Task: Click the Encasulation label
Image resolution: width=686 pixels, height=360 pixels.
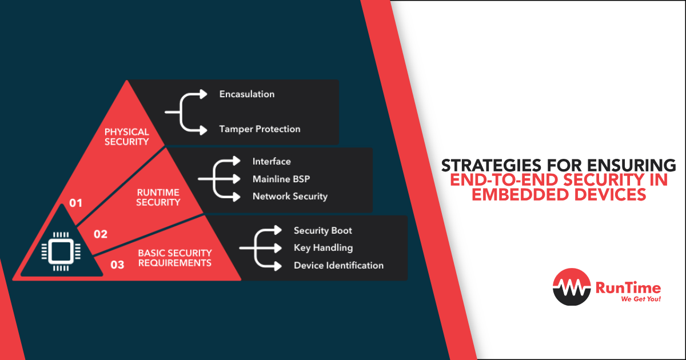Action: (x=247, y=94)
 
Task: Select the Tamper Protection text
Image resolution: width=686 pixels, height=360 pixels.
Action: (x=260, y=129)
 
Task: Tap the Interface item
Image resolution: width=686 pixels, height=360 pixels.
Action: (x=272, y=161)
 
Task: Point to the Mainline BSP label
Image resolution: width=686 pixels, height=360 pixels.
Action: (x=281, y=179)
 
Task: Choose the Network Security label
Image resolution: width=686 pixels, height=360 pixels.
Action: (x=290, y=196)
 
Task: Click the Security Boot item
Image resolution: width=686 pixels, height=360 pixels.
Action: (x=323, y=230)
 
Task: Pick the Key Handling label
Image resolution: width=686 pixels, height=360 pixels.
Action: (x=323, y=247)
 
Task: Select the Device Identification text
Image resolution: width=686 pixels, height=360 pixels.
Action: (x=338, y=265)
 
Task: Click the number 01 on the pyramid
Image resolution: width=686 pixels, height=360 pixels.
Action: (x=75, y=203)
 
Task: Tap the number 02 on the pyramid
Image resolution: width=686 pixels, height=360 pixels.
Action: (x=101, y=234)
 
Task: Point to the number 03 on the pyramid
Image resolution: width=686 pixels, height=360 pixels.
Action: (x=117, y=265)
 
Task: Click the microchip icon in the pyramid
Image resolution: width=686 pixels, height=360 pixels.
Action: (x=61, y=251)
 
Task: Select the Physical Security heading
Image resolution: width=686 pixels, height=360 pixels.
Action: (x=126, y=137)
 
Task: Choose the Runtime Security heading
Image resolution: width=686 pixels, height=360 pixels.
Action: (x=158, y=198)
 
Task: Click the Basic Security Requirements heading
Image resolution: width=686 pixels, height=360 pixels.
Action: (x=174, y=258)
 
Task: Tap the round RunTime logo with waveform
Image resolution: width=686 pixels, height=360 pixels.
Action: (x=572, y=287)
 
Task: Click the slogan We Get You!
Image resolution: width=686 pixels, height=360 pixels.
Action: (x=641, y=299)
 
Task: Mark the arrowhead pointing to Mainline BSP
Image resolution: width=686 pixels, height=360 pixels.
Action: (x=237, y=179)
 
